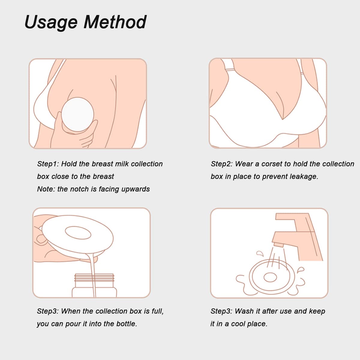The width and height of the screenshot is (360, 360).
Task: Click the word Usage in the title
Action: pos(51,22)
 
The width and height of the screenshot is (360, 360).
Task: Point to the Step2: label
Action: pos(222,164)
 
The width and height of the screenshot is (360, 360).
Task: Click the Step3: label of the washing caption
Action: pos(221,311)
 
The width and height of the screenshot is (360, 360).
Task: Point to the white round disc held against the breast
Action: pos(77,114)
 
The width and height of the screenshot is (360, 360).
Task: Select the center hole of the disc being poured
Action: pos(78,233)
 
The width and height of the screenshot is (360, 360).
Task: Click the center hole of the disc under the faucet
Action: pos(270,277)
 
